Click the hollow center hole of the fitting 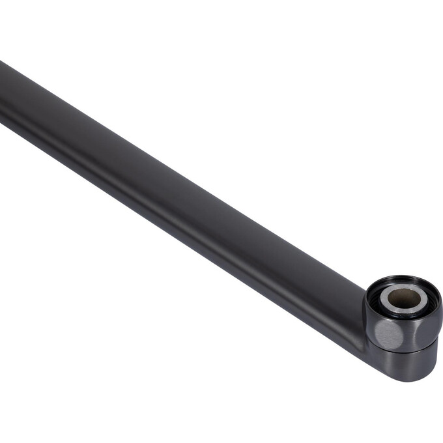(x=405, y=299)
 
